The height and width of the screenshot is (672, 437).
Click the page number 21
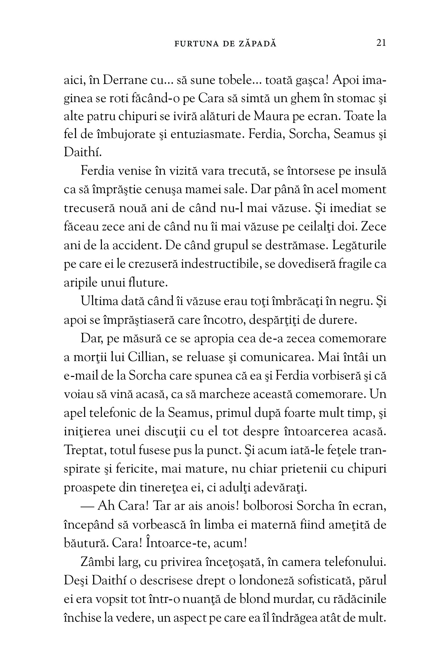381,43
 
